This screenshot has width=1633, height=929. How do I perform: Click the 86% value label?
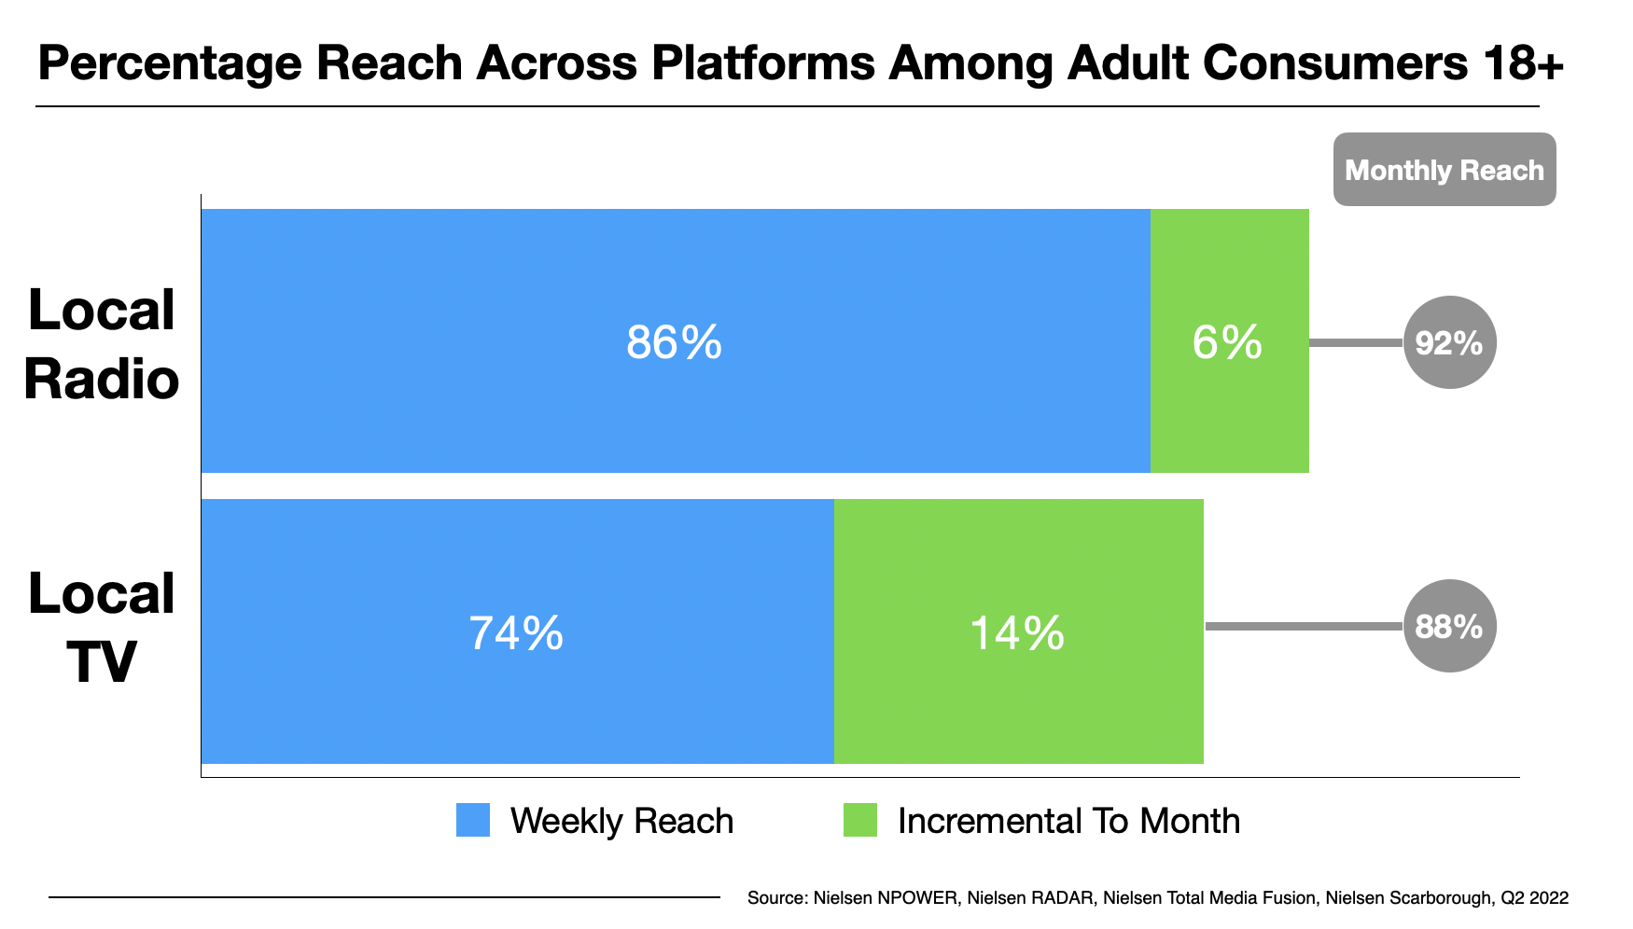click(x=674, y=342)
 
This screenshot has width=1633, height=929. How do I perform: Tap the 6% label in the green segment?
click(x=1227, y=342)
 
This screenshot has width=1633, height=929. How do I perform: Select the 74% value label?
click(x=516, y=633)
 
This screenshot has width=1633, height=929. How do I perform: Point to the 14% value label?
click(x=1016, y=633)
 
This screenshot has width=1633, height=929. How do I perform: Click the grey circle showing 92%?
click(x=1449, y=342)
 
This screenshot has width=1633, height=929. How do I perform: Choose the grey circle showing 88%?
click(x=1449, y=626)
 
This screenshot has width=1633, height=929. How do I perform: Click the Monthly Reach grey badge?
click(x=1444, y=170)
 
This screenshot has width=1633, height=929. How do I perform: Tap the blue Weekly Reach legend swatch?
click(x=473, y=820)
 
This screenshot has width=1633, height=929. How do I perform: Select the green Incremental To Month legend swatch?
click(x=859, y=820)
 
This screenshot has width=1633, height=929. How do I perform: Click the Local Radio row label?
click(x=101, y=344)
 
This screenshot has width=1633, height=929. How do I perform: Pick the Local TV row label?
click(x=101, y=628)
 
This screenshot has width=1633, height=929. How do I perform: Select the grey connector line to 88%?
click(x=1304, y=626)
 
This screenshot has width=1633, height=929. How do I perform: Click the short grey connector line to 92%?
click(x=1356, y=342)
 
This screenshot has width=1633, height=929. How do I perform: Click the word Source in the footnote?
click(x=776, y=898)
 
